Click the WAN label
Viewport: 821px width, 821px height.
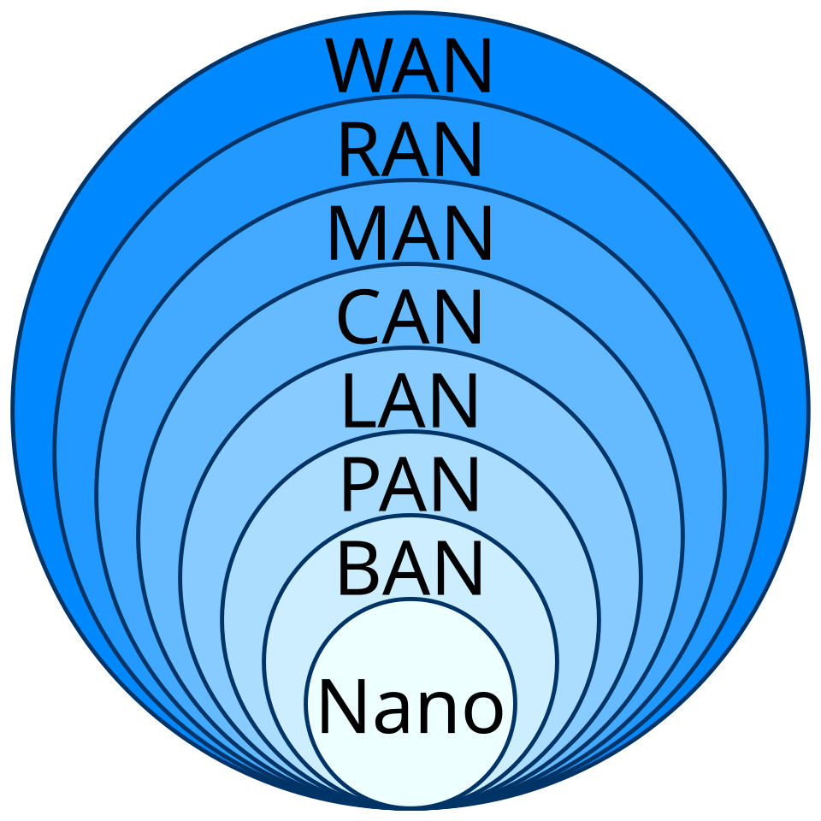point(410,68)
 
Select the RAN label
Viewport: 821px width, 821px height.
point(410,151)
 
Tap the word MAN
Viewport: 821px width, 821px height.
point(410,234)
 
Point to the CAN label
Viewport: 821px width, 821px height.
point(410,318)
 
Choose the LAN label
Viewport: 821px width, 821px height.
point(410,402)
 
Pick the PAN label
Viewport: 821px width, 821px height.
point(410,485)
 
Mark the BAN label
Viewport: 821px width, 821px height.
point(410,569)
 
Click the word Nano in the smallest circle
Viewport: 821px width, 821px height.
point(410,706)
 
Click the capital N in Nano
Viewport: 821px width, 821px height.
point(340,706)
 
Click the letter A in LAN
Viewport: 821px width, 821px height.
point(409,402)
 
